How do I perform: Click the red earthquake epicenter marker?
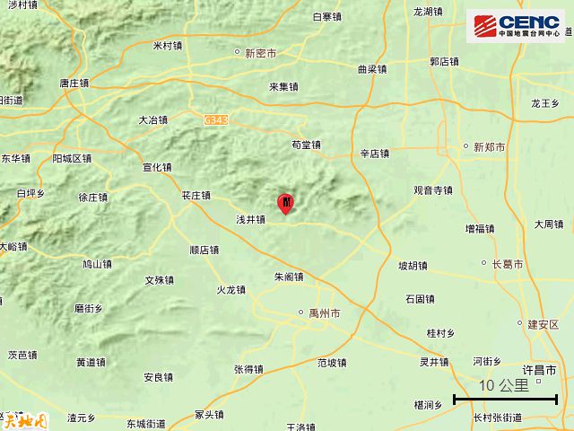pyautogui.click(x=286, y=202)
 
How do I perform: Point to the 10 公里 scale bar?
pyautogui.click(x=506, y=395)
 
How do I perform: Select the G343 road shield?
pyautogui.click(x=215, y=118)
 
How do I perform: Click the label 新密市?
pyautogui.click(x=261, y=53)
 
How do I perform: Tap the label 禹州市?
pyautogui.click(x=324, y=314)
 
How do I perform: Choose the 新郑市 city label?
pyautogui.click(x=489, y=146)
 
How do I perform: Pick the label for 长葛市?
pyautogui.click(x=508, y=263)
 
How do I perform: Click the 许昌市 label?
pyautogui.click(x=539, y=370)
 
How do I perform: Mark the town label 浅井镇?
pyautogui.click(x=250, y=218)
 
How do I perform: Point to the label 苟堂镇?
pyautogui.click(x=307, y=145)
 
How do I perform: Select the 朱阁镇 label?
pyautogui.click(x=290, y=277)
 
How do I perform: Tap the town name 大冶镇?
pyautogui.click(x=153, y=119)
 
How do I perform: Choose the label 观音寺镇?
pyautogui.click(x=432, y=190)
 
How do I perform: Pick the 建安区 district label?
pyautogui.click(x=544, y=324)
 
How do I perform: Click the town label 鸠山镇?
pyautogui.click(x=97, y=264)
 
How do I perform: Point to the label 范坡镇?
pyautogui.click(x=332, y=363)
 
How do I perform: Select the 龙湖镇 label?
pyautogui.click(x=428, y=12)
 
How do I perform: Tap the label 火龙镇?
pyautogui.click(x=230, y=290)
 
